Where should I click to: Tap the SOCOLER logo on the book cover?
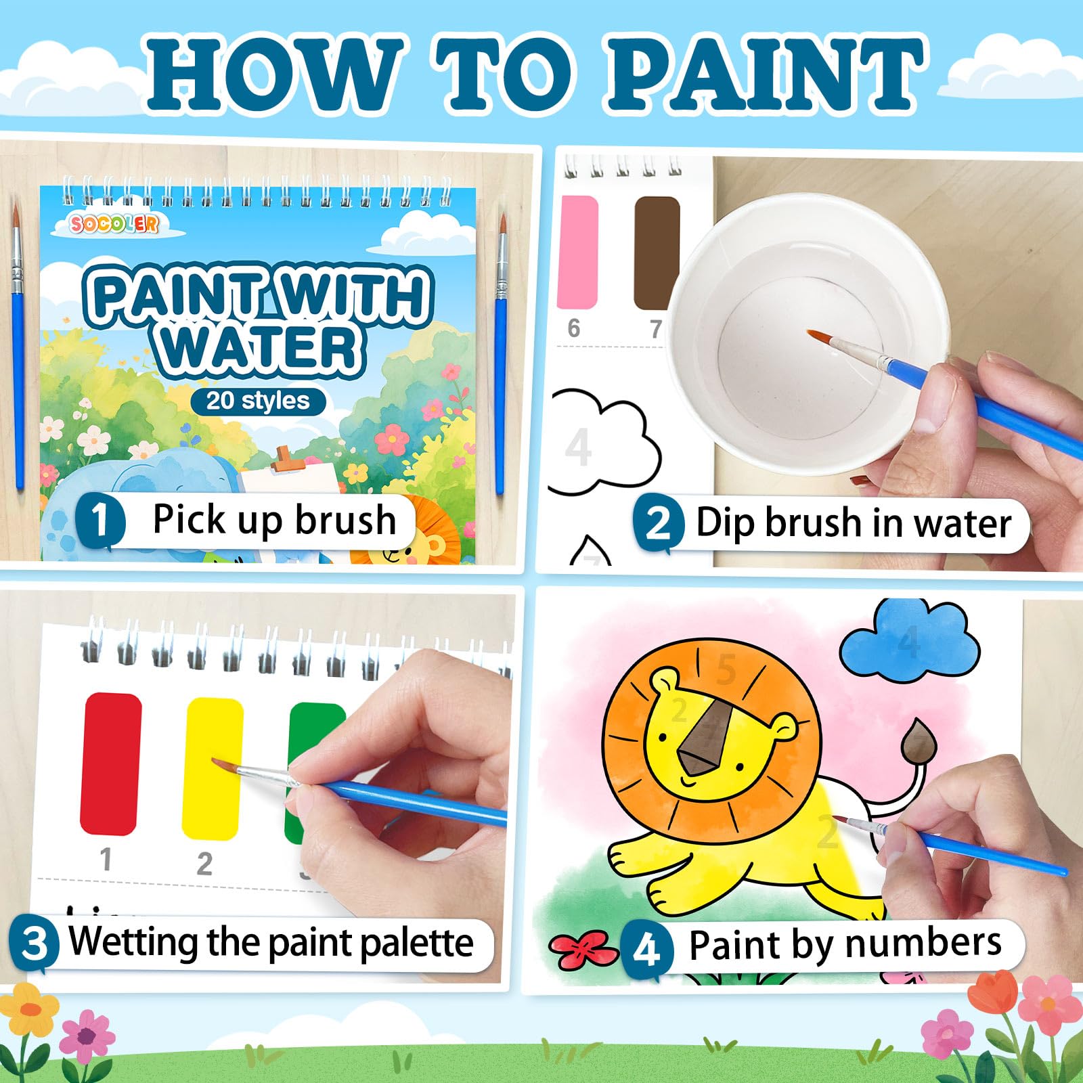[x=114, y=223]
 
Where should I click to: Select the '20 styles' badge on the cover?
[x=258, y=400]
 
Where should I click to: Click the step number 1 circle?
[x=100, y=520]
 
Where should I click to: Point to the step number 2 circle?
[x=658, y=523]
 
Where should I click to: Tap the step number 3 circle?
[x=34, y=943]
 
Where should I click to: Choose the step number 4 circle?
[x=646, y=948]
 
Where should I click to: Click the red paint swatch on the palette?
[x=111, y=764]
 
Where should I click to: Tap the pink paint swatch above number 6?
[x=577, y=251]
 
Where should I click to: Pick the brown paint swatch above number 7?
[x=657, y=252]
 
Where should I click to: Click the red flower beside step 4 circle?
[x=583, y=948]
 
